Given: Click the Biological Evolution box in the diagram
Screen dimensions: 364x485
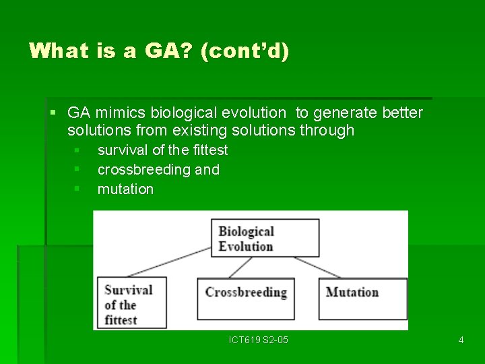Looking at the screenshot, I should (x=265, y=238).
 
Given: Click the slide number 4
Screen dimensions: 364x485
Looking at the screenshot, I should (x=461, y=340).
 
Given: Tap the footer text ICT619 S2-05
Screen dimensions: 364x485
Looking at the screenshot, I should (x=259, y=340).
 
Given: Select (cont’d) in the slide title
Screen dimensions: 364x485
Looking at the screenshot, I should (x=245, y=51).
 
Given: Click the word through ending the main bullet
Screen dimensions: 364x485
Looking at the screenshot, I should (x=328, y=130).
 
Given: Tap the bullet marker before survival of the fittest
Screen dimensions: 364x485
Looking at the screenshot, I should (x=77, y=150).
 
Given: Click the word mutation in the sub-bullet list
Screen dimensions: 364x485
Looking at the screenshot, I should (x=125, y=189).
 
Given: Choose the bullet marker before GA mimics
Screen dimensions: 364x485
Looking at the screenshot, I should (x=53, y=112).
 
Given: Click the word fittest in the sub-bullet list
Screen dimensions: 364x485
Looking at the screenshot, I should (x=210, y=150).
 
